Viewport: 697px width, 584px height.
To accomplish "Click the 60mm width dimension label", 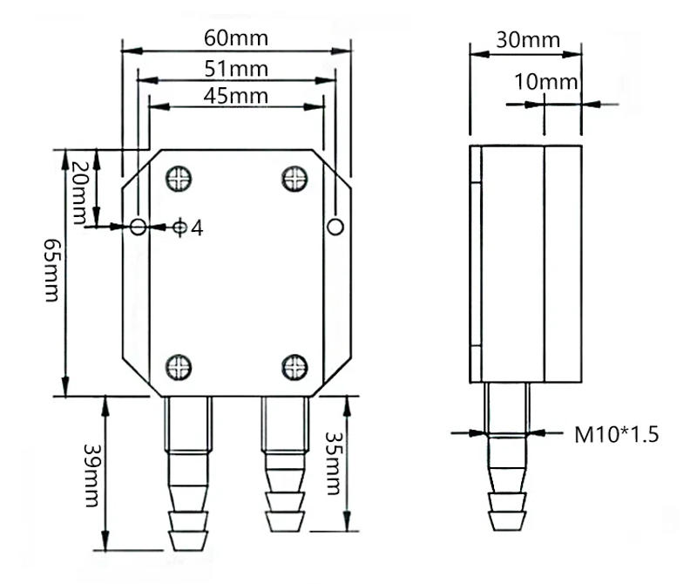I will point(235,39).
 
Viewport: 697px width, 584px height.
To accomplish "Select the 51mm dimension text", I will point(235,68).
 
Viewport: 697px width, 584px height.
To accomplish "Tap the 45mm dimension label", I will point(235,95).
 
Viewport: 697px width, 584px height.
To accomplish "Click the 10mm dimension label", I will point(546,83).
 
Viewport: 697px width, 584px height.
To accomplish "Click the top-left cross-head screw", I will point(179,178).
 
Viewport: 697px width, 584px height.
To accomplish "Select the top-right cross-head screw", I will point(295,178).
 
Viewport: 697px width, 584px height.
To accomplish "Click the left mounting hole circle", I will point(138,227).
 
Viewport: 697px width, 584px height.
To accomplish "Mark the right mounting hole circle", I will point(335,227).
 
